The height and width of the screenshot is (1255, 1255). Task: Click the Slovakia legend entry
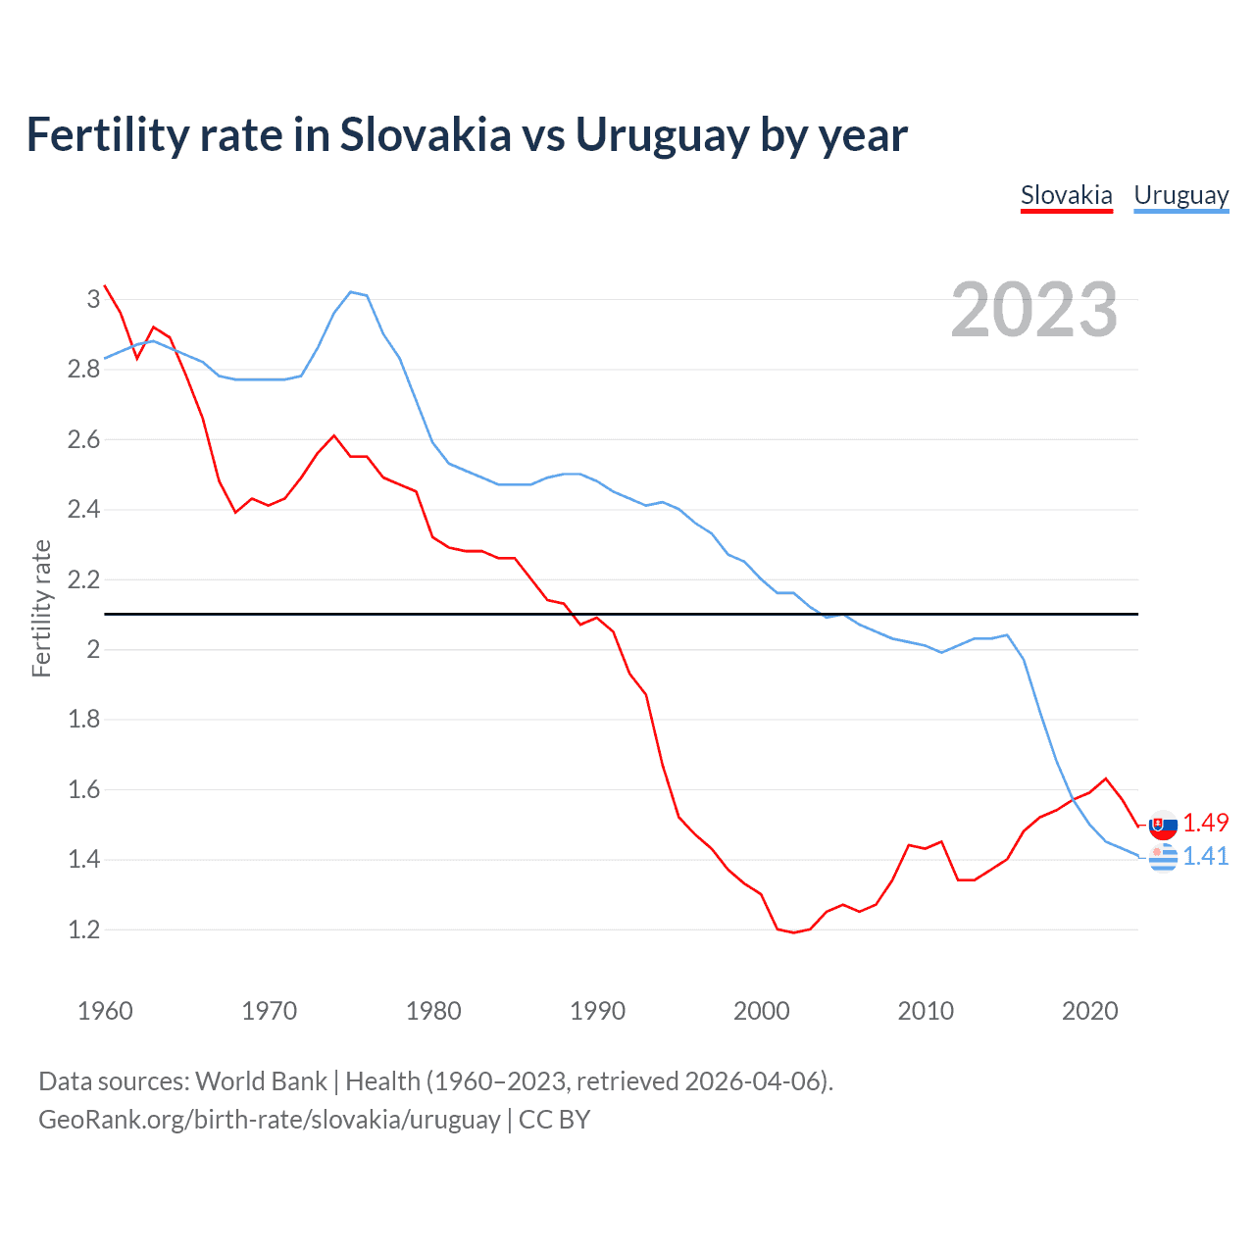tap(1066, 195)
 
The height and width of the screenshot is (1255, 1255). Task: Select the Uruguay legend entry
tap(1180, 195)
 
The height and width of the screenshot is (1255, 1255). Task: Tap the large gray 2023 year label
tap(1033, 310)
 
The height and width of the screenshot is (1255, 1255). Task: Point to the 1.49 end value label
tap(1205, 823)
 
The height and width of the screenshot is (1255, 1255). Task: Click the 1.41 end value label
tap(1205, 856)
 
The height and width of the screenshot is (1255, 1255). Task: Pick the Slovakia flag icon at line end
tap(1163, 826)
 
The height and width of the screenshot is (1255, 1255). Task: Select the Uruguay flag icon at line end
tap(1163, 858)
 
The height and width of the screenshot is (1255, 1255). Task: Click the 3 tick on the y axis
tap(94, 299)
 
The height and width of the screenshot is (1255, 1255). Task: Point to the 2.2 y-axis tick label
tap(84, 579)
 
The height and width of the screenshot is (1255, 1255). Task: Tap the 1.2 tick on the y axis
tap(84, 929)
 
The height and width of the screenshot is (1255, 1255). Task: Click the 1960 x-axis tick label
tap(105, 1011)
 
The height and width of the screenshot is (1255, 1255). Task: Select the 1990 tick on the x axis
tap(597, 1011)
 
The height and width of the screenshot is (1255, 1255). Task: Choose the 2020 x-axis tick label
tap(1089, 1011)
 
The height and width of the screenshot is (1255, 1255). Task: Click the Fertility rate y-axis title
tap(41, 608)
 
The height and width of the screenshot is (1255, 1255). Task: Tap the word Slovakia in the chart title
tap(426, 135)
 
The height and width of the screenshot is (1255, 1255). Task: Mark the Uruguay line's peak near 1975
tap(351, 291)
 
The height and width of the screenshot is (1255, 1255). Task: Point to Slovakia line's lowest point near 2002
tap(793, 932)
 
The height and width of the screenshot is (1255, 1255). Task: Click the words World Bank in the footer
tap(261, 1081)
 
